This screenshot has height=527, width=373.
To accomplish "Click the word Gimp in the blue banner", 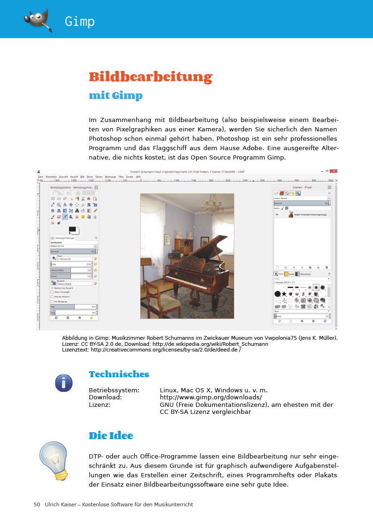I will click(80, 22).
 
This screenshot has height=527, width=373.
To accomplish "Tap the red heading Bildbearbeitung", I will click(150, 76).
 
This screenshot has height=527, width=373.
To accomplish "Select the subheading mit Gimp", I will click(116, 96).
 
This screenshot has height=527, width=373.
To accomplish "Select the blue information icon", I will click(63, 383).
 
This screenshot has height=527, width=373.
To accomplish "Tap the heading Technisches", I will click(119, 374).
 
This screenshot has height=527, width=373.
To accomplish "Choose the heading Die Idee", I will click(111, 436).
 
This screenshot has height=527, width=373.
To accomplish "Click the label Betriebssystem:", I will click(114, 390).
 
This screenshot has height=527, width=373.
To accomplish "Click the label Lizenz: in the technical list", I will click(100, 405).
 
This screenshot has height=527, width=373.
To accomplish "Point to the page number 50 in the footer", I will click(37, 504).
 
